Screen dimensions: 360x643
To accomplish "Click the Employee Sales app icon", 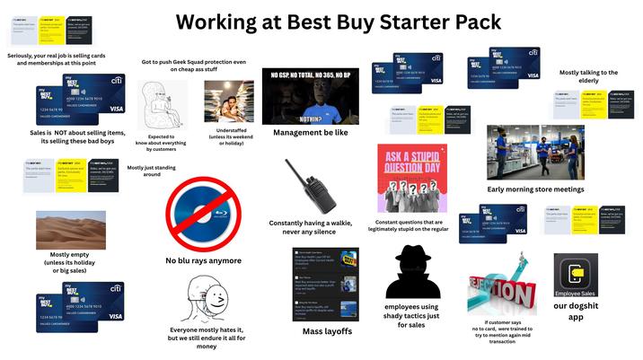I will point(576,277).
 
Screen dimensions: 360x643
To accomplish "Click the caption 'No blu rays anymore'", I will point(203,261).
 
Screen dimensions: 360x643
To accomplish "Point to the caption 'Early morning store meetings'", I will point(535,189).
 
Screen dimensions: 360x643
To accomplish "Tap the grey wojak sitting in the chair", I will point(162,103).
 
